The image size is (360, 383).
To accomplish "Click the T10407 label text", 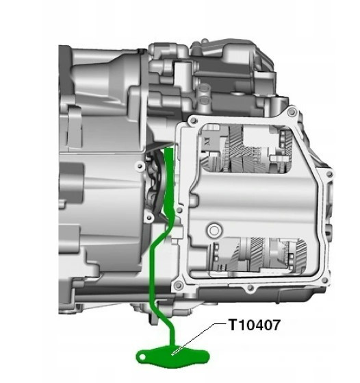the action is (x=255, y=325).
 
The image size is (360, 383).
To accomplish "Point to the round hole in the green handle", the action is (x=142, y=358).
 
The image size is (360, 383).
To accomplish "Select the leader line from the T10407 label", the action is (x=198, y=338).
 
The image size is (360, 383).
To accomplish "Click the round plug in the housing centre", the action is (x=214, y=230).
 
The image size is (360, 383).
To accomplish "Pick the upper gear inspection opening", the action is (x=246, y=148).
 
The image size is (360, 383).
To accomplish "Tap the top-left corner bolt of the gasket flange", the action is (x=193, y=121).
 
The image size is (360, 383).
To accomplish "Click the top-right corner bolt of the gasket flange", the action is (x=292, y=112).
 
